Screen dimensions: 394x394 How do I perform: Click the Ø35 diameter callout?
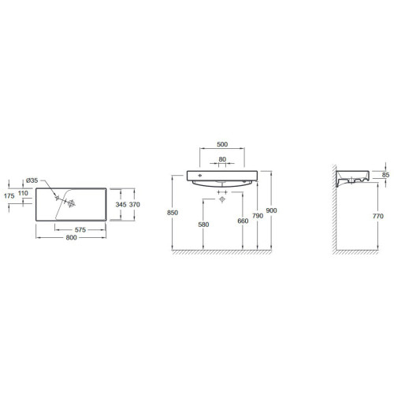[32, 180]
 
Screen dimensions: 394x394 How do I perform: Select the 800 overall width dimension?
[71, 237]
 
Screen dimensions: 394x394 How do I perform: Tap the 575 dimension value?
[80, 230]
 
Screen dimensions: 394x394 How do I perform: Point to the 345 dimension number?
[121, 204]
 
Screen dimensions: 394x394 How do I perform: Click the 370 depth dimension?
[135, 204]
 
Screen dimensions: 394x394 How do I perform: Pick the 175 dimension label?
[9, 195]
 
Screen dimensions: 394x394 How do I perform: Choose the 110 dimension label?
[23, 193]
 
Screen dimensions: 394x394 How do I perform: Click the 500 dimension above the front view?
[222, 144]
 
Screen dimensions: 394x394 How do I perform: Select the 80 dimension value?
[222, 159]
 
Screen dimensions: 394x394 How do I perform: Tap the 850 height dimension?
[173, 213]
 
